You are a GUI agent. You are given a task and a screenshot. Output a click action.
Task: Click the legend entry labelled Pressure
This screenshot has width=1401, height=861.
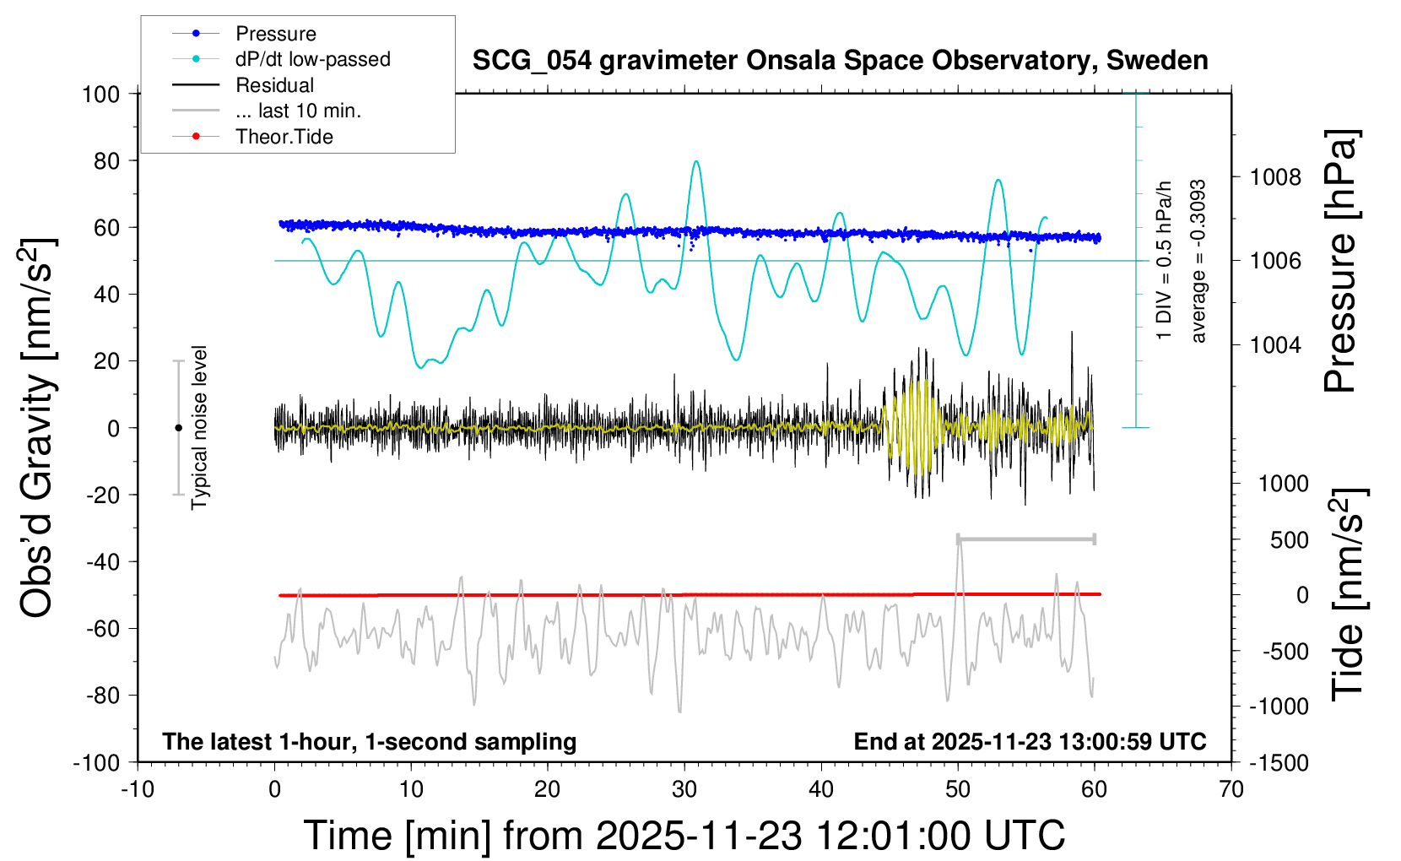[275, 34]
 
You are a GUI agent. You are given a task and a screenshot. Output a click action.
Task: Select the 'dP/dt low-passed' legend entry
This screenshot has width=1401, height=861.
[312, 59]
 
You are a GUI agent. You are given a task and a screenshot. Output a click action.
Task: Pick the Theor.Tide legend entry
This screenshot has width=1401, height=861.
[284, 137]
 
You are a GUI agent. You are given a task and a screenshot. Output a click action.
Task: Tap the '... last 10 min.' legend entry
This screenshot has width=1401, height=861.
[298, 111]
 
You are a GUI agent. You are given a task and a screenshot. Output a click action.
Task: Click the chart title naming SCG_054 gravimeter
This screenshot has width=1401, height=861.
[840, 60]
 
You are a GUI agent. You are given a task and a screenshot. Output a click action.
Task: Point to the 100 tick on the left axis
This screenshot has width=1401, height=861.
[100, 94]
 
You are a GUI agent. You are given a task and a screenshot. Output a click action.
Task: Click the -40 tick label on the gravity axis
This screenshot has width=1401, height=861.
[102, 561]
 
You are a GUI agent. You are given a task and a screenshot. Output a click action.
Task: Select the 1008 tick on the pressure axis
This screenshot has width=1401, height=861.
[1275, 177]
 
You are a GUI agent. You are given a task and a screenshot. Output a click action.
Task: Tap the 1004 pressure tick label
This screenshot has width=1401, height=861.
[1275, 344]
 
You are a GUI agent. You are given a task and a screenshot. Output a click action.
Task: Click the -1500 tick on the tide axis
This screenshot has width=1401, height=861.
[1279, 763]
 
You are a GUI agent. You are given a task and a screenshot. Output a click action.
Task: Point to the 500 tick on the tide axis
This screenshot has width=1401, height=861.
[1289, 540]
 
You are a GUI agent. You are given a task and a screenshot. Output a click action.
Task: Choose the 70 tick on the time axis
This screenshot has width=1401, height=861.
[1231, 790]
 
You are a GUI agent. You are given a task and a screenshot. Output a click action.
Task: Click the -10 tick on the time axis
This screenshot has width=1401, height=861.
[138, 790]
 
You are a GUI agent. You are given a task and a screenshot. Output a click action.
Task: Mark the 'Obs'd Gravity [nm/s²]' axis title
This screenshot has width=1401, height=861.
[37, 428]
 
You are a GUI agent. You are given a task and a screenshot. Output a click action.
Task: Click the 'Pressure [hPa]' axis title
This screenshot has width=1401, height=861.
[1340, 262]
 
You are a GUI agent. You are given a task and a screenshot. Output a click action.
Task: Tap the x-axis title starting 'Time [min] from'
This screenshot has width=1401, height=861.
[684, 836]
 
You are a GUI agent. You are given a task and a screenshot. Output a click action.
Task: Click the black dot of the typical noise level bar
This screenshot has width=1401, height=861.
[178, 428]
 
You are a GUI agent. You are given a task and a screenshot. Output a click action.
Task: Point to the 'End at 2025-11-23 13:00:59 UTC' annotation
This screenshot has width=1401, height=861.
[1030, 742]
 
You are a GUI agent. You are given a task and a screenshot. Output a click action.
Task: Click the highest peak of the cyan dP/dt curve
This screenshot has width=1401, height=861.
[696, 161]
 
